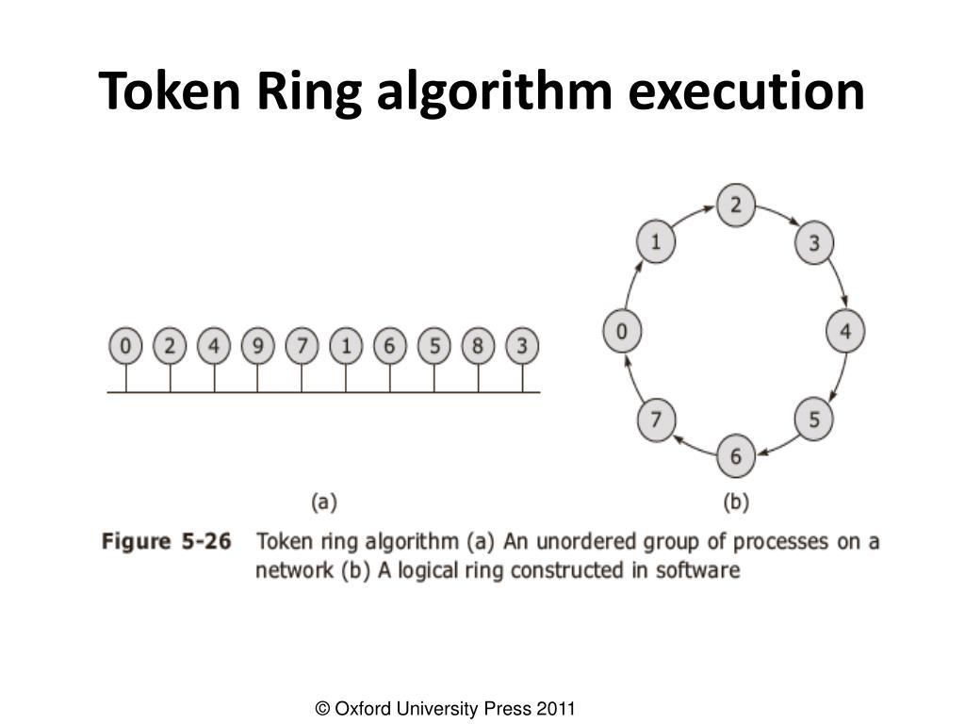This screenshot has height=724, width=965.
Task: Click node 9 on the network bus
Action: (257, 347)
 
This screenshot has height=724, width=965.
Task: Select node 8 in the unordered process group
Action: (478, 347)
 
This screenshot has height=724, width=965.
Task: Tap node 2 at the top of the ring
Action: (735, 205)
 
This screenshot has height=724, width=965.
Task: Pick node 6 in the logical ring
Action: (735, 456)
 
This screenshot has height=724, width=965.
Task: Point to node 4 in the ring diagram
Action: (845, 331)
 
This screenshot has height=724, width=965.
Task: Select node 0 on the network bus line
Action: (125, 347)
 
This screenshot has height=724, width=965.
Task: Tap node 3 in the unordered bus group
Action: (522, 347)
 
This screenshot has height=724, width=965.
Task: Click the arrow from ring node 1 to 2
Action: (693, 215)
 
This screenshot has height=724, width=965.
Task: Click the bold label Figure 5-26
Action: (166, 542)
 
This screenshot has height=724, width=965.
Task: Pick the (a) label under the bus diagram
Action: (323, 502)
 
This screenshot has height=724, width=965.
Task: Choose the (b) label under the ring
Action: (735, 502)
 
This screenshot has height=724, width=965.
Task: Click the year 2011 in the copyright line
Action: (555, 708)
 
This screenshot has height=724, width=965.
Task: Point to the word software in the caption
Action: (698, 570)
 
